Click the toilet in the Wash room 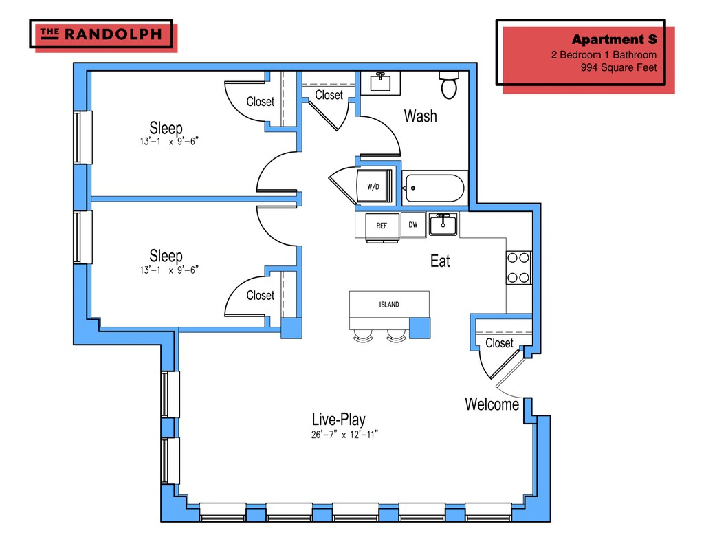[449, 85]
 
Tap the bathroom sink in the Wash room [380, 82]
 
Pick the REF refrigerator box [382, 226]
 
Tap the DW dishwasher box [413, 224]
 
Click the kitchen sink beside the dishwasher [443, 224]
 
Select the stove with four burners [518, 268]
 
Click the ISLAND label [389, 305]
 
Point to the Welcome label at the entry [492, 404]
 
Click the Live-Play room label [338, 419]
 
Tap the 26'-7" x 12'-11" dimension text [345, 435]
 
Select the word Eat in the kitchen [440, 261]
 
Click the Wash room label [420, 116]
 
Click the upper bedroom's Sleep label [166, 128]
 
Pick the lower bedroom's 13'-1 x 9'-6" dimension [169, 270]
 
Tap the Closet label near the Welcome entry [499, 343]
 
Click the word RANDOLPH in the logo [113, 34]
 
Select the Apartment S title [614, 39]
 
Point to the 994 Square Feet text [619, 68]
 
